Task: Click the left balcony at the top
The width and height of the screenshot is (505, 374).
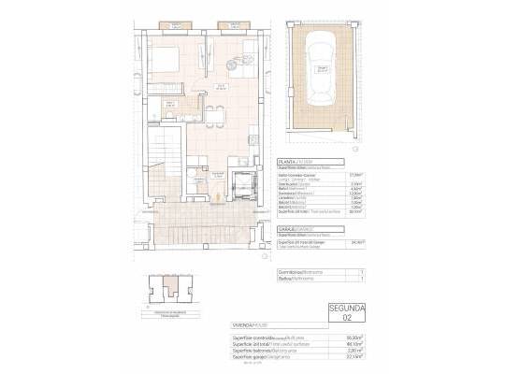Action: [159, 25]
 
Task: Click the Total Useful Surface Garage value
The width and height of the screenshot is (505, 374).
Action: [356, 242]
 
